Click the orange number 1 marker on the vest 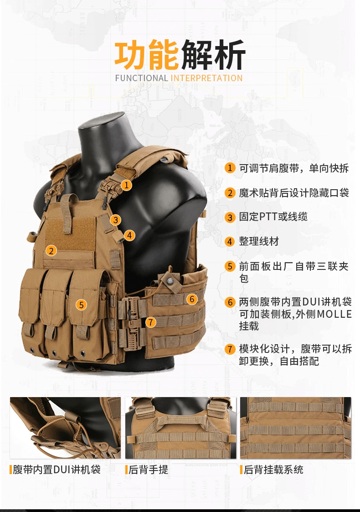pos(127,185)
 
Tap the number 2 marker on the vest pos(51,250)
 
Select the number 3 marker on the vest pos(116,220)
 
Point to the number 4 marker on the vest pos(129,235)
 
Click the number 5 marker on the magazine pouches pos(81,305)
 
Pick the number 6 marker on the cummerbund pos(192,299)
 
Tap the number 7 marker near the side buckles pos(150,322)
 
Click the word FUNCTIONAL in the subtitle pos(141,78)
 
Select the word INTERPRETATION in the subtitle pos(206,78)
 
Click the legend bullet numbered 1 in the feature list pos(230,168)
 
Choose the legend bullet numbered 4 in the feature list pos(230,242)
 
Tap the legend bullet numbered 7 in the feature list pos(230,349)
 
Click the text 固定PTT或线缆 pos(273,217)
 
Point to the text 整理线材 pos(259,241)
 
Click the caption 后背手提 pos(148,470)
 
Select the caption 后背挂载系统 pos(273,470)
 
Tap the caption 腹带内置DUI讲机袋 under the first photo pos(57,470)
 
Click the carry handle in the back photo pos(180,419)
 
